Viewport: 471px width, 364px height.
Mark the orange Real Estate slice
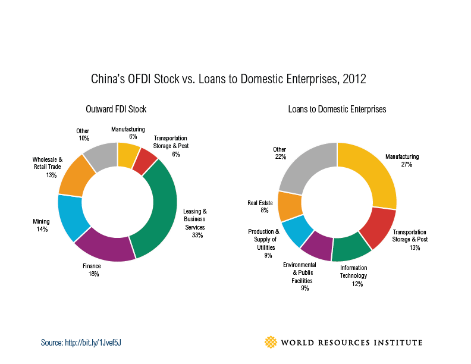pyautogui.click(x=290, y=205)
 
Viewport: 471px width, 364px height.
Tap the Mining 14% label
pyautogui.click(x=41, y=225)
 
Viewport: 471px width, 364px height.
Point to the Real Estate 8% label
pyautogui.click(x=260, y=206)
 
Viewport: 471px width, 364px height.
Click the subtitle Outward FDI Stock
pyautogui.click(x=116, y=109)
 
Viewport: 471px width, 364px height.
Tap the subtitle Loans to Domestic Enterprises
pyautogui.click(x=337, y=109)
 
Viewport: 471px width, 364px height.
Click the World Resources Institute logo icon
pyautogui.click(x=271, y=342)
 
